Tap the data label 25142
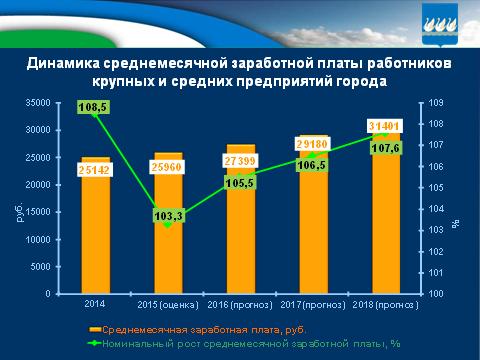click(97, 170)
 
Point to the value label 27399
click(241, 160)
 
